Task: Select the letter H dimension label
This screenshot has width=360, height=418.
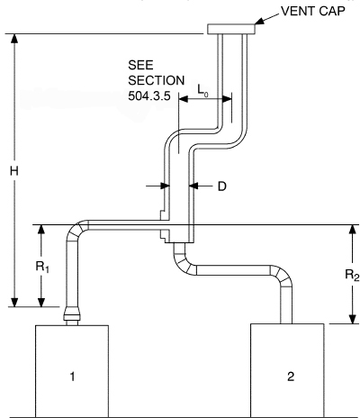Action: pos(13,171)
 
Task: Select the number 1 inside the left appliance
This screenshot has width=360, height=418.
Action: pos(73,377)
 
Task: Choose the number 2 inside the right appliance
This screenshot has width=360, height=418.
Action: pos(290,377)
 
